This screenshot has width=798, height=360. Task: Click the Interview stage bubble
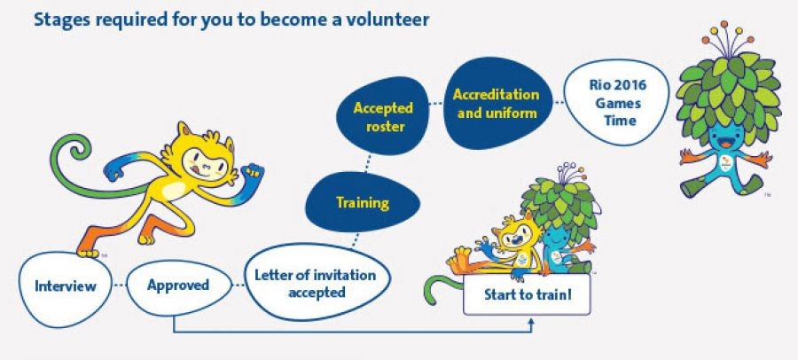pos(65,288)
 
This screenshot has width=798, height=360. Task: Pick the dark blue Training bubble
pos(363,202)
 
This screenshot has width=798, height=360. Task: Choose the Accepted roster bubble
pos(383,116)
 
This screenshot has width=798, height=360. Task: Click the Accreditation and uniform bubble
pos(497,104)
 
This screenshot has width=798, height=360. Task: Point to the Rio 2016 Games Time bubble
pos(616,103)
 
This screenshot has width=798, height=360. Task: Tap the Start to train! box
pos(527,294)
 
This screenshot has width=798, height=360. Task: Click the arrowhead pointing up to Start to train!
pos(531,323)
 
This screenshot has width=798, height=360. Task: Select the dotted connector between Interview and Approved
pos(119,286)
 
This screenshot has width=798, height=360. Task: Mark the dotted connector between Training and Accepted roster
pos(366,163)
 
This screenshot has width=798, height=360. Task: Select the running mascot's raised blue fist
pos(253,172)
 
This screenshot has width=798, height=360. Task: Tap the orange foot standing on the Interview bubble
pos(89,249)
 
